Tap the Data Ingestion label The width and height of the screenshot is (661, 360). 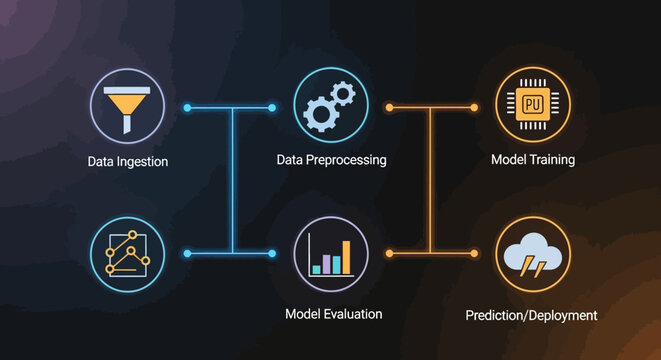tap(126, 161)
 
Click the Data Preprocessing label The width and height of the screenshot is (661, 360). tap(331, 160)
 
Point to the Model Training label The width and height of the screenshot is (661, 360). tap(533, 160)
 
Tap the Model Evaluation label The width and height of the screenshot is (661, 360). tap(333, 314)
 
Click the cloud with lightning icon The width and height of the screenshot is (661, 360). tap(533, 255)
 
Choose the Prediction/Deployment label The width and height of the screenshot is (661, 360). tap(531, 315)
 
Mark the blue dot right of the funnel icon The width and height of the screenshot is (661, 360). tap(187, 107)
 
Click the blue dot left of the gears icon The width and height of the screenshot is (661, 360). tap(272, 107)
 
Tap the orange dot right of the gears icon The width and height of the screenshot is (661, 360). tap(390, 107)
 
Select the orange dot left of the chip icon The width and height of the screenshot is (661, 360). tap(474, 107)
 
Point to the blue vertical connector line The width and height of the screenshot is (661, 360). tap(232, 180)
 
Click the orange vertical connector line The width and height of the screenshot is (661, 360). tap(431, 180)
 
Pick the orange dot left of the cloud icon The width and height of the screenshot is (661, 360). tap(474, 253)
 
